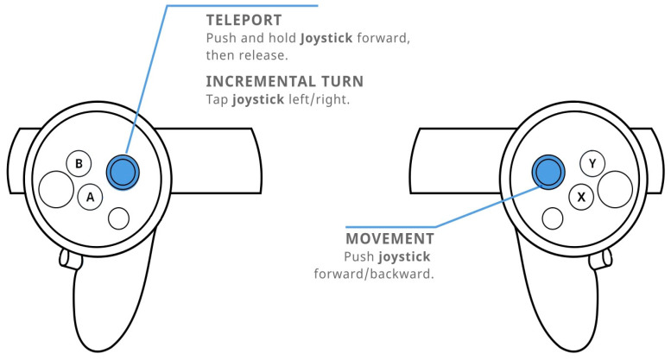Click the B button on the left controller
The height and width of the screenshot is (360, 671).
[79, 163]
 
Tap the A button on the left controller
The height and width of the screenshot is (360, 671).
[89, 198]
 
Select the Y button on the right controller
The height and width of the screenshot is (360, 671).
[592, 163]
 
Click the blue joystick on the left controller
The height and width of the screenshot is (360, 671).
[122, 172]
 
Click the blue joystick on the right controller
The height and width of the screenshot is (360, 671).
[548, 172]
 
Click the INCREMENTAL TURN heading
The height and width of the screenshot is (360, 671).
[284, 81]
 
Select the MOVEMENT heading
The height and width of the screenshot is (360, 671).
[389, 238]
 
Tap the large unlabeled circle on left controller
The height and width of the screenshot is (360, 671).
[54, 189]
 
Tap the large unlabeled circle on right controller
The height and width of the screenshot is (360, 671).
[615, 189]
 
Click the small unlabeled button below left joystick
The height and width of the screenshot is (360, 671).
[119, 218]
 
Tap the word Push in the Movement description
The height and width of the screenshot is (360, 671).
[359, 256]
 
